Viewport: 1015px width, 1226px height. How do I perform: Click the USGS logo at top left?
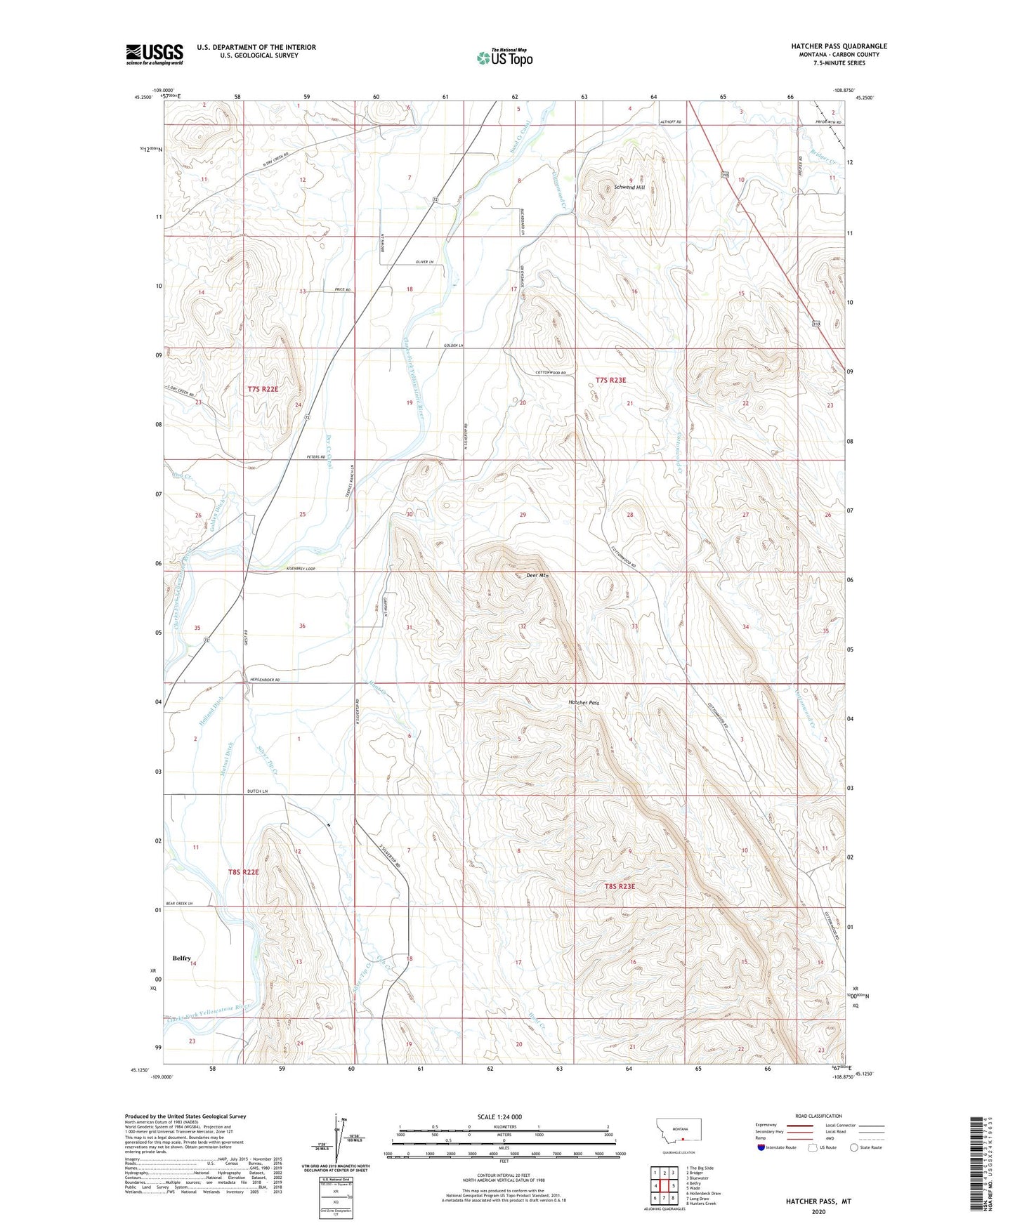[x=154, y=54]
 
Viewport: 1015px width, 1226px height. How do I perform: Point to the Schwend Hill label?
[x=629, y=187]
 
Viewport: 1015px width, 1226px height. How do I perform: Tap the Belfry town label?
[x=182, y=958]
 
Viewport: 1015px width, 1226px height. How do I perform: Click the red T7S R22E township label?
[x=264, y=389]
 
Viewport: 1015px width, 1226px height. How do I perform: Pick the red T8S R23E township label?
[x=620, y=887]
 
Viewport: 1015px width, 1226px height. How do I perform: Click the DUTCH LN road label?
[x=257, y=791]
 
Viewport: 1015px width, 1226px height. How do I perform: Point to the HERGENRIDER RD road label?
[x=264, y=680]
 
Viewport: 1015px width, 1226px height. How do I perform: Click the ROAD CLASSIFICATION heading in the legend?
[x=818, y=1116]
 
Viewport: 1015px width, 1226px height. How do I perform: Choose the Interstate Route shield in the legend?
[x=762, y=1147]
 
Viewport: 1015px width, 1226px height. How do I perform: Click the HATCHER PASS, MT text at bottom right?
[x=818, y=1201]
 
